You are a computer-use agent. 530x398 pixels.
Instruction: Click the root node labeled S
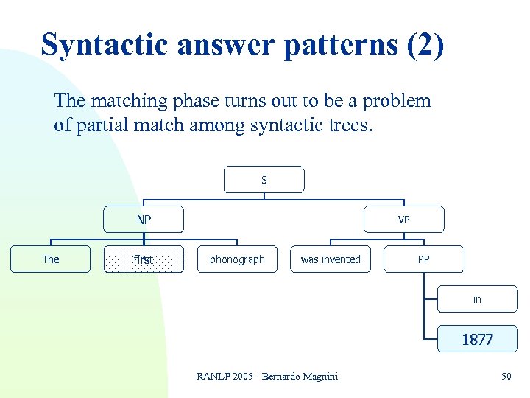click(x=264, y=179)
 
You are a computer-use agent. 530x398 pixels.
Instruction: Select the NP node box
click(x=144, y=220)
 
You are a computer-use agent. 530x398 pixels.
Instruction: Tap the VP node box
click(x=404, y=220)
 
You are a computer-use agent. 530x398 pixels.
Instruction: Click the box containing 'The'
click(x=51, y=259)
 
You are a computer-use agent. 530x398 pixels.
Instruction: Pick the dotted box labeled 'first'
click(x=144, y=259)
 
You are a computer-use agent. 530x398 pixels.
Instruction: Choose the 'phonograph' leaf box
click(x=237, y=259)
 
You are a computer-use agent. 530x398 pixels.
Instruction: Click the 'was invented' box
click(x=331, y=259)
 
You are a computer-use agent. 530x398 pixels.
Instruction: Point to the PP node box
click(x=424, y=259)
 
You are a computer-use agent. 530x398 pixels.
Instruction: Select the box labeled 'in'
click(x=478, y=299)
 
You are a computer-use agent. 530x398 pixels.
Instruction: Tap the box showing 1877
click(x=478, y=339)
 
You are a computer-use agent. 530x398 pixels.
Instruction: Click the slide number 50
click(x=506, y=377)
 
